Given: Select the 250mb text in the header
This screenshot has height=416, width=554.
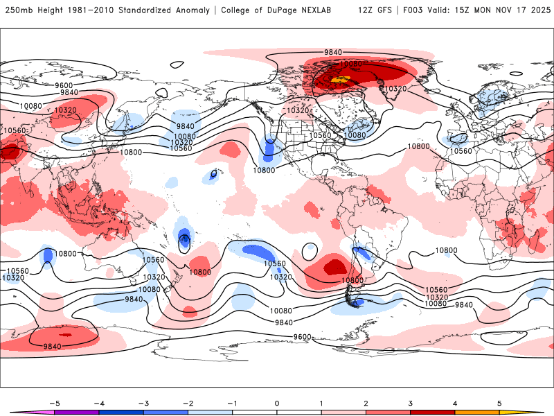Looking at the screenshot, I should pos(16,10).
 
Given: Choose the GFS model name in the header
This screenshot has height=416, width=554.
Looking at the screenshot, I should pos(387,10).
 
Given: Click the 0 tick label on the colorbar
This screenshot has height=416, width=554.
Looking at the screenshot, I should pos(277,403).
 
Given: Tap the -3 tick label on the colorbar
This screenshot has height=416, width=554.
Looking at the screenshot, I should pos(143,403).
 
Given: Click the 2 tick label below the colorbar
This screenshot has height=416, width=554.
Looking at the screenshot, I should pos(366,403).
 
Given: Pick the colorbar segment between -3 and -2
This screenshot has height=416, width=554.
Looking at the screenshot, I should pos(166,412).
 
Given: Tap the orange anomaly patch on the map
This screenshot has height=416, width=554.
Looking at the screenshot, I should pos(339,80).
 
